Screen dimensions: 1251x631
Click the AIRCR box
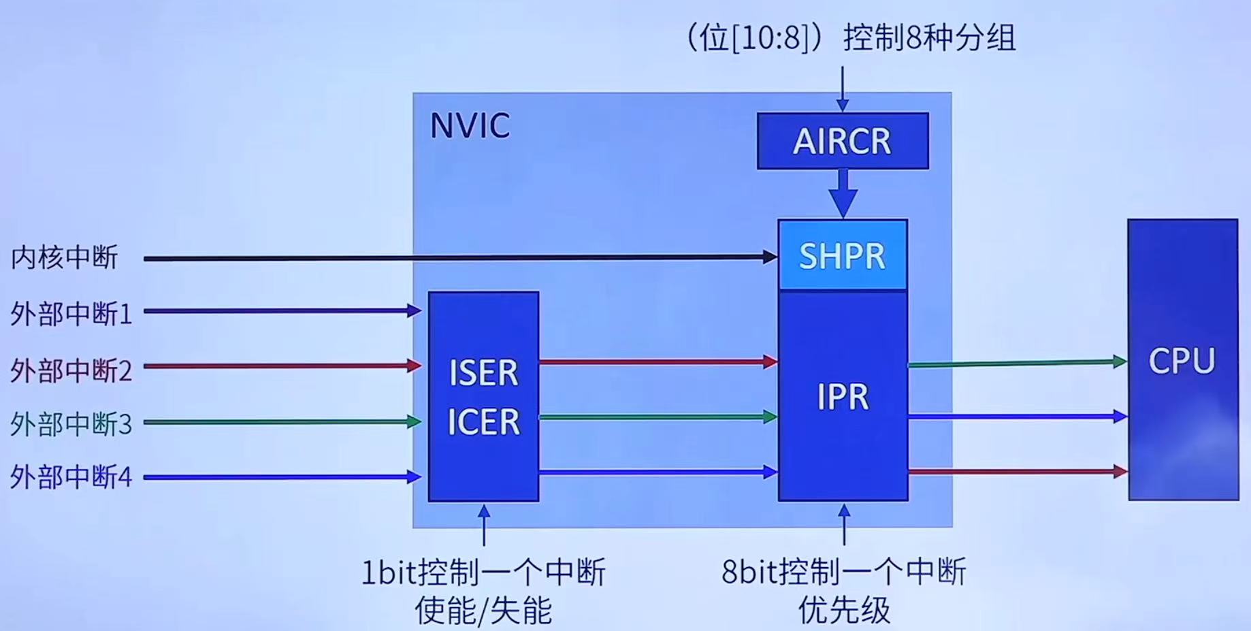point(843,141)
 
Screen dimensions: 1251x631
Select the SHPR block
point(843,256)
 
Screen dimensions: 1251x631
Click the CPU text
point(1182,361)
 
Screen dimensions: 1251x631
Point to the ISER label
point(483,373)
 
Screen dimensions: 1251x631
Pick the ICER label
point(483,422)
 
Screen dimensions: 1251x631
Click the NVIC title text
point(470,126)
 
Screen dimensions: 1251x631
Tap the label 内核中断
point(65,257)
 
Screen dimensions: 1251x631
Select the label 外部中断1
point(71,314)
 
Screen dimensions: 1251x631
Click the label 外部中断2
point(71,370)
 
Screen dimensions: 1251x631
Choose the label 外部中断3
point(71,424)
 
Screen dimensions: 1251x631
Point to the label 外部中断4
point(71,477)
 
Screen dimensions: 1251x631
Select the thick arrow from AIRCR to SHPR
point(843,193)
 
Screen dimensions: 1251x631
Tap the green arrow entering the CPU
point(1018,363)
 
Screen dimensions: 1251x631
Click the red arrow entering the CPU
point(1018,471)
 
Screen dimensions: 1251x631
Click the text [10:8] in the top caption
point(769,37)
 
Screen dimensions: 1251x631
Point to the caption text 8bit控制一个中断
point(843,572)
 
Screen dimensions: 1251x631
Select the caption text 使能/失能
point(483,611)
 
